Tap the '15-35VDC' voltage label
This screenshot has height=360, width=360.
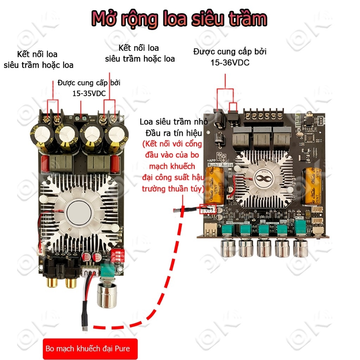(89, 94)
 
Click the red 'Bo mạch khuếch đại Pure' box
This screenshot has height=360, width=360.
(90, 349)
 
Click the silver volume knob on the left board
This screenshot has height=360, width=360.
(105, 295)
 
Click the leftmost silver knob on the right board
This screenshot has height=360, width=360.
(228, 248)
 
